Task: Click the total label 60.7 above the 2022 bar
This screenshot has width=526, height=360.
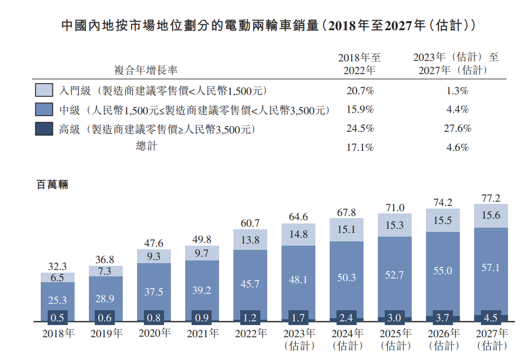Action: click(250, 223)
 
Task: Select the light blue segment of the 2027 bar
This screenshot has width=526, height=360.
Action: click(491, 216)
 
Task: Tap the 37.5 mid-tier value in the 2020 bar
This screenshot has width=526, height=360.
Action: click(154, 292)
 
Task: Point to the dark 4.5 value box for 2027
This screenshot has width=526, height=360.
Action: click(491, 318)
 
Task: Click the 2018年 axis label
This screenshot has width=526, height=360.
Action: click(58, 334)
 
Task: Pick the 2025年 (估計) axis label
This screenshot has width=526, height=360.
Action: click(395, 339)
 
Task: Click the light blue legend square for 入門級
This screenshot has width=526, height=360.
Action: click(44, 90)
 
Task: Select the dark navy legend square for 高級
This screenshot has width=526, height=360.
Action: click(44, 129)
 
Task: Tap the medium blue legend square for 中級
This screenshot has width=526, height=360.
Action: click(44, 110)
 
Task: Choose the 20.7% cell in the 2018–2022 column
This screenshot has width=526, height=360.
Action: click(360, 91)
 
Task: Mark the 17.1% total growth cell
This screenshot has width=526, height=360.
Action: click(360, 148)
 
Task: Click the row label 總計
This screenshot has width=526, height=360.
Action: click(146, 147)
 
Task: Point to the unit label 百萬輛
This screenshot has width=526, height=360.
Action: click(52, 185)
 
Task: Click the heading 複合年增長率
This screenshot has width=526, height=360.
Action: click(146, 70)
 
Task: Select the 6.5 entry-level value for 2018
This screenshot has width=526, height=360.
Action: click(58, 277)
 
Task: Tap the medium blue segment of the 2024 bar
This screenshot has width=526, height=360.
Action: click(347, 278)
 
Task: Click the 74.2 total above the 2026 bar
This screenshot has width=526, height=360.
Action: click(443, 202)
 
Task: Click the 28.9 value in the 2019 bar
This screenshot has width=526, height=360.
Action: click(106, 299)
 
